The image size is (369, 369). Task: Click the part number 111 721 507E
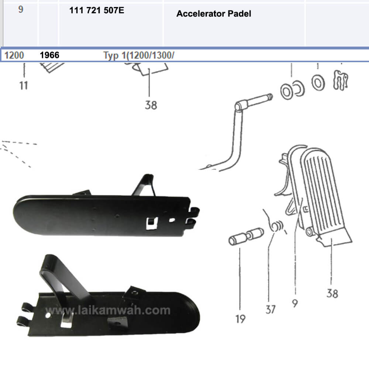[x=97, y=10]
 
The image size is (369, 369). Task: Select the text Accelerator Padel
[x=214, y=14]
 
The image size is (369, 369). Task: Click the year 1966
[x=49, y=56]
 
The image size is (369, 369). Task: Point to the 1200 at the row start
[x=14, y=56]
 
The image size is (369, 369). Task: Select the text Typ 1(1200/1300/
[x=138, y=56]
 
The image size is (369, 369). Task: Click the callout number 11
[x=23, y=86]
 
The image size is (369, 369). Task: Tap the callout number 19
[x=240, y=319]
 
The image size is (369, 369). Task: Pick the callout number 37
[x=270, y=309]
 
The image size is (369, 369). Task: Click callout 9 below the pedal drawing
[x=295, y=303]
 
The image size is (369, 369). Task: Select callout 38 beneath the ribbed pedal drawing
[x=332, y=293]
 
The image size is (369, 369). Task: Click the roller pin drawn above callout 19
[x=245, y=237]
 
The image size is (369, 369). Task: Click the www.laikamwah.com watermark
[x=108, y=311]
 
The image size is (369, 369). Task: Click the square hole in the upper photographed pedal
[x=151, y=222]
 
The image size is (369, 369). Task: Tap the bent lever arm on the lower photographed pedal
[x=61, y=280]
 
